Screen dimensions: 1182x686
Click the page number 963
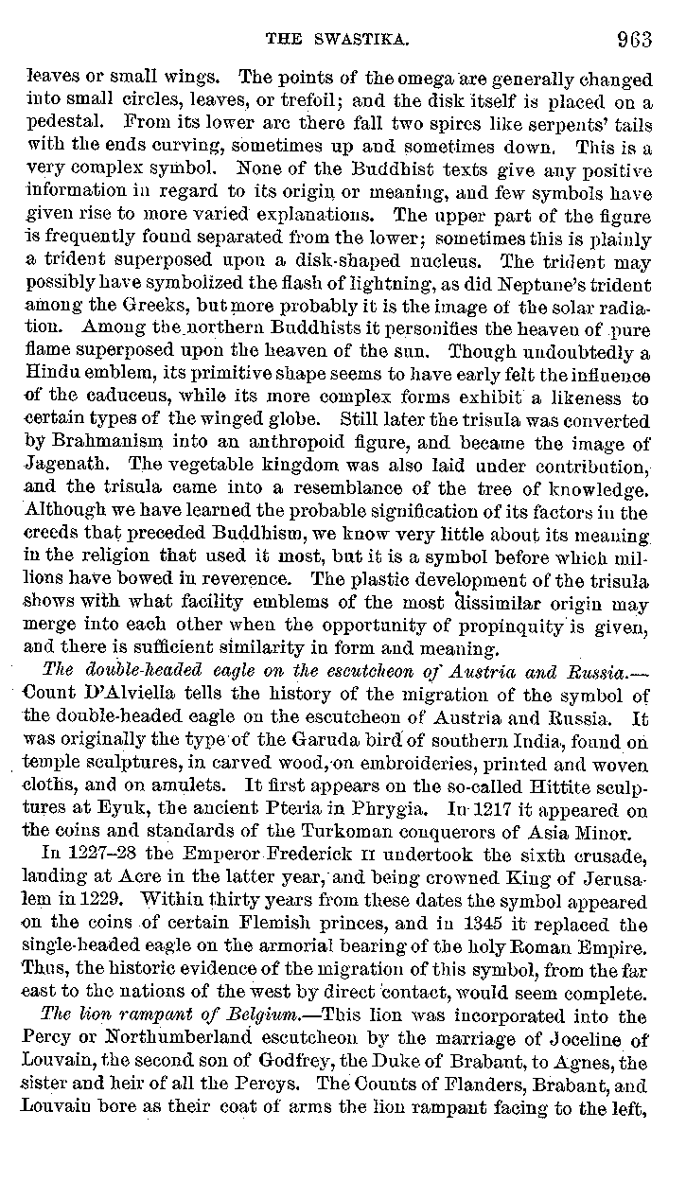(x=634, y=39)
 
